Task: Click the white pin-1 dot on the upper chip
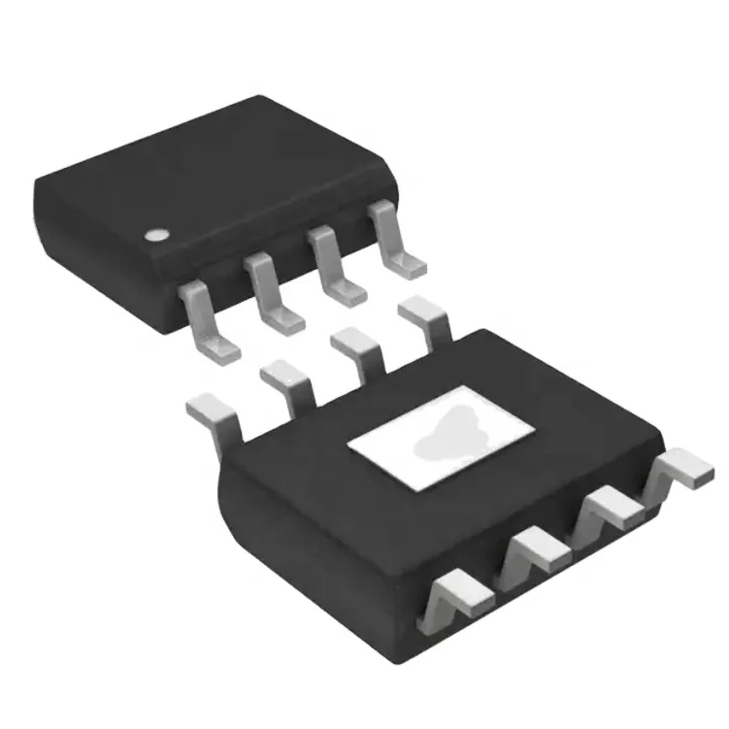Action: coord(154,234)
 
